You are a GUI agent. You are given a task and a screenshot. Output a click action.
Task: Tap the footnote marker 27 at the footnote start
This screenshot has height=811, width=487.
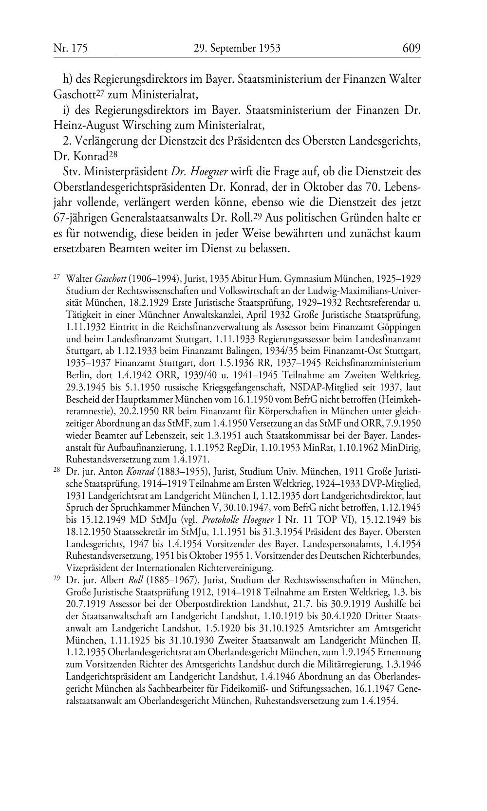[56, 277]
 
